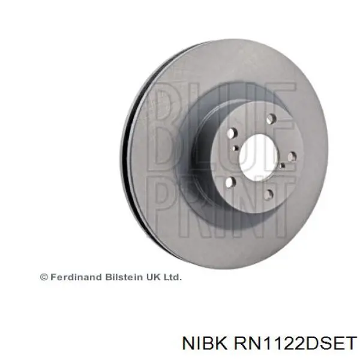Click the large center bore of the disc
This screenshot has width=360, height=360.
tap(259, 155)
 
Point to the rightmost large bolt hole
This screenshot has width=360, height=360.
tap(292, 157)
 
